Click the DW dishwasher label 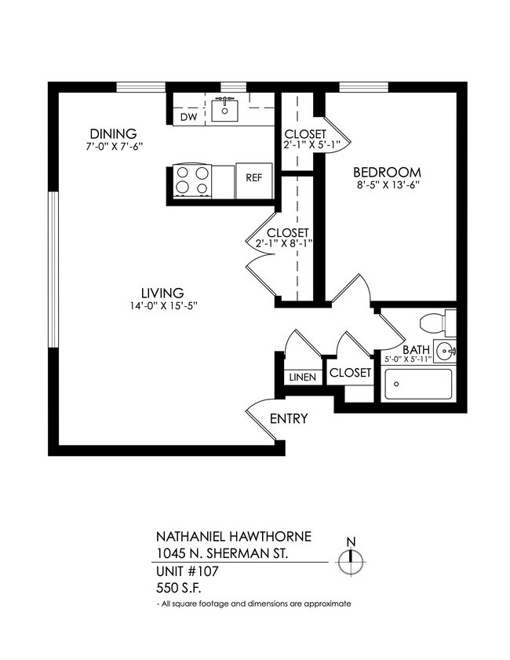(188, 117)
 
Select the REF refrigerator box (253, 178)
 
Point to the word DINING (113, 133)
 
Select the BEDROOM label (387, 173)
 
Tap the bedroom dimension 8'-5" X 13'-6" (387, 188)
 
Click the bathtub (417, 385)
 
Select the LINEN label (303, 377)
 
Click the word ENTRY (289, 419)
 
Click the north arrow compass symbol (351, 560)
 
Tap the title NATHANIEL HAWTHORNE (234, 537)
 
